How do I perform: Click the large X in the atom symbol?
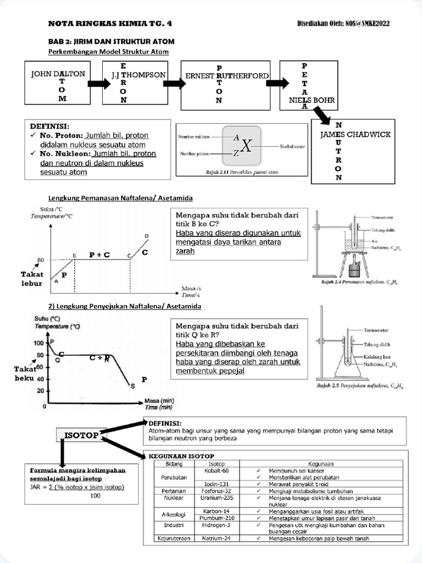tap(247, 146)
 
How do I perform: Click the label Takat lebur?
tap(32, 277)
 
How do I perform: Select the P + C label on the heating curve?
tap(99, 255)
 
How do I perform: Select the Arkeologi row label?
tap(168, 515)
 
